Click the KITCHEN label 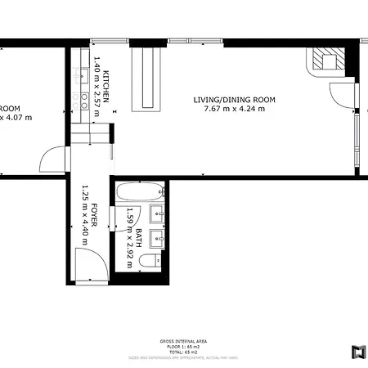106,84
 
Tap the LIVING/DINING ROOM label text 234,100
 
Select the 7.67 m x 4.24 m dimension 234,109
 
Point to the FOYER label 94,216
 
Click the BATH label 139,238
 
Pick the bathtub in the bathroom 140,195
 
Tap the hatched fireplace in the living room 325,60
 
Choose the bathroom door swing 131,215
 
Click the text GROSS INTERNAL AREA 183,342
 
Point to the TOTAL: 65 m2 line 183,352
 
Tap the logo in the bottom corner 357,352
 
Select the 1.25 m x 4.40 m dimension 83,216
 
